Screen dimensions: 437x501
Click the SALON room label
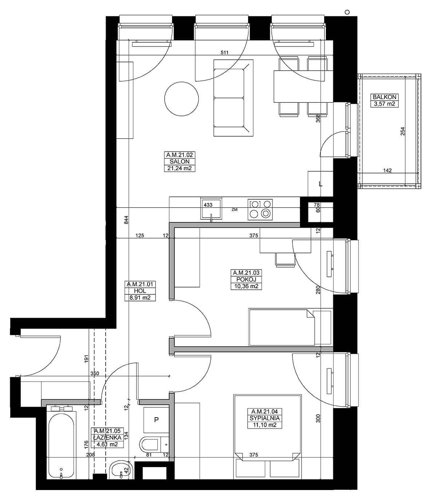click(x=180, y=161)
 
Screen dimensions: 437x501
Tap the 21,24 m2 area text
click(x=180, y=168)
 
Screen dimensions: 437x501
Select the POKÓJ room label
click(x=246, y=279)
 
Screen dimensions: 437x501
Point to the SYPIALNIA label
click(x=264, y=418)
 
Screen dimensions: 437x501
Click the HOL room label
click(x=140, y=291)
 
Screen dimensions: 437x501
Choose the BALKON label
click(x=385, y=97)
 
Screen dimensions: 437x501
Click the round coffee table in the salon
click(x=181, y=99)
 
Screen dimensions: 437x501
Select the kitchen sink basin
click(x=211, y=209)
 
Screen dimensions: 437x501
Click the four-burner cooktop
click(x=260, y=210)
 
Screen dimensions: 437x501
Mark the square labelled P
click(x=156, y=420)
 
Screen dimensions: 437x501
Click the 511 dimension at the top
click(x=224, y=52)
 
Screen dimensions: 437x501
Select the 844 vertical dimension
click(x=126, y=220)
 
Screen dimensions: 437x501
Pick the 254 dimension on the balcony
click(x=402, y=131)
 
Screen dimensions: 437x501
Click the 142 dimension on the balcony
click(x=387, y=170)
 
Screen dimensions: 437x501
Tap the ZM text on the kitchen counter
click(x=235, y=210)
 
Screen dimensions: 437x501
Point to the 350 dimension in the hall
click(x=95, y=374)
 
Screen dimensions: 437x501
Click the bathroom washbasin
click(x=121, y=470)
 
